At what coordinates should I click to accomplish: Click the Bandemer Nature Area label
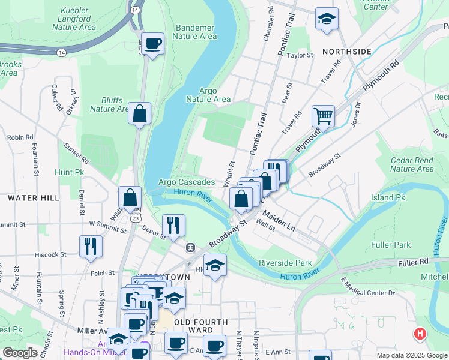pyautogui.click(x=194, y=32)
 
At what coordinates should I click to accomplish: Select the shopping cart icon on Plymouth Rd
pyautogui.click(x=323, y=116)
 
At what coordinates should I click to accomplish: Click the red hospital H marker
pyautogui.click(x=420, y=334)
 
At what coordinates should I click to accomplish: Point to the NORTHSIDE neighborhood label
pyautogui.click(x=346, y=52)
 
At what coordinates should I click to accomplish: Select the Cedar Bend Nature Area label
pyautogui.click(x=412, y=164)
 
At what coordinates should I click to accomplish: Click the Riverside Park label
pyautogui.click(x=285, y=263)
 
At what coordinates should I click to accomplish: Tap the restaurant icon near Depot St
pyautogui.click(x=173, y=225)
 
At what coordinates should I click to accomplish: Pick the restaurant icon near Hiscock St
pyautogui.click(x=91, y=246)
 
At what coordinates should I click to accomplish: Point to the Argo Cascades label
pyautogui.click(x=186, y=182)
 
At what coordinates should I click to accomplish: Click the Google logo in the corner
pyautogui.click(x=20, y=353)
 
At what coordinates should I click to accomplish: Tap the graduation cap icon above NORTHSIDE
pyautogui.click(x=327, y=19)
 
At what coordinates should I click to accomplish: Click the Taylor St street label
pyautogui.click(x=301, y=55)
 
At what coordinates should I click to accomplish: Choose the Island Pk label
pyautogui.click(x=388, y=197)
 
